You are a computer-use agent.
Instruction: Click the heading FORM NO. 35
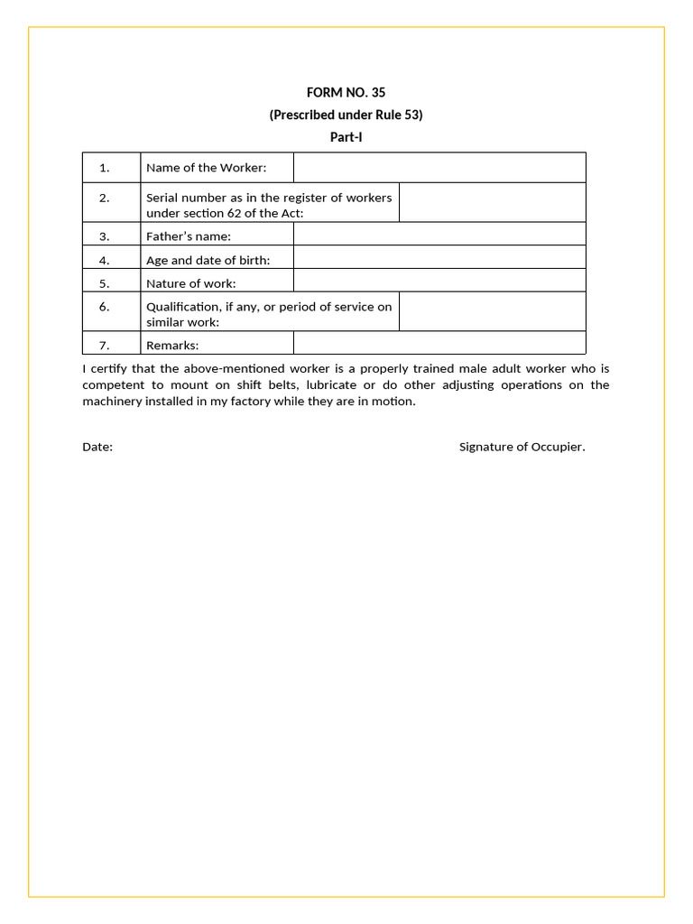pos(346,92)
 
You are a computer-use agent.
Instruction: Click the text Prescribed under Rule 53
pos(346,115)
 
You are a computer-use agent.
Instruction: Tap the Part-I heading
pos(346,137)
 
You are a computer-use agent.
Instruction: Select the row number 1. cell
pos(105,168)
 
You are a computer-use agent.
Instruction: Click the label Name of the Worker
pos(207,168)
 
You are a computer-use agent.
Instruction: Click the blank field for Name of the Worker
pos(439,168)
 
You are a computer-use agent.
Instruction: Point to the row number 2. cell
pos(105,199)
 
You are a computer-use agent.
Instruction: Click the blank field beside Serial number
pos(492,203)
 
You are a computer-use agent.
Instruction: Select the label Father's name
pos(189,236)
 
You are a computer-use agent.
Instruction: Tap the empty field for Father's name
pos(439,234)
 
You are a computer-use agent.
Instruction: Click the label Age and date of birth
pos(208,260)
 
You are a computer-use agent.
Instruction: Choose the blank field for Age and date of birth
pos(439,257)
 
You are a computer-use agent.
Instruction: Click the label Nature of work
pos(191,283)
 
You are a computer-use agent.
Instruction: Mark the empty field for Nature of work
pos(439,281)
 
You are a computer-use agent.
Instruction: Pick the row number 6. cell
pos(105,307)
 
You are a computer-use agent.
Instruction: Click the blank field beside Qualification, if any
pos(492,311)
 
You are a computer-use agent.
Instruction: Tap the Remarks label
pos(172,345)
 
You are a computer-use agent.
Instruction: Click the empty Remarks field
pos(439,343)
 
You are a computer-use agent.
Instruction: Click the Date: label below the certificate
pos(97,447)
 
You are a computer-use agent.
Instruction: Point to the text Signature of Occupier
pos(522,447)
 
